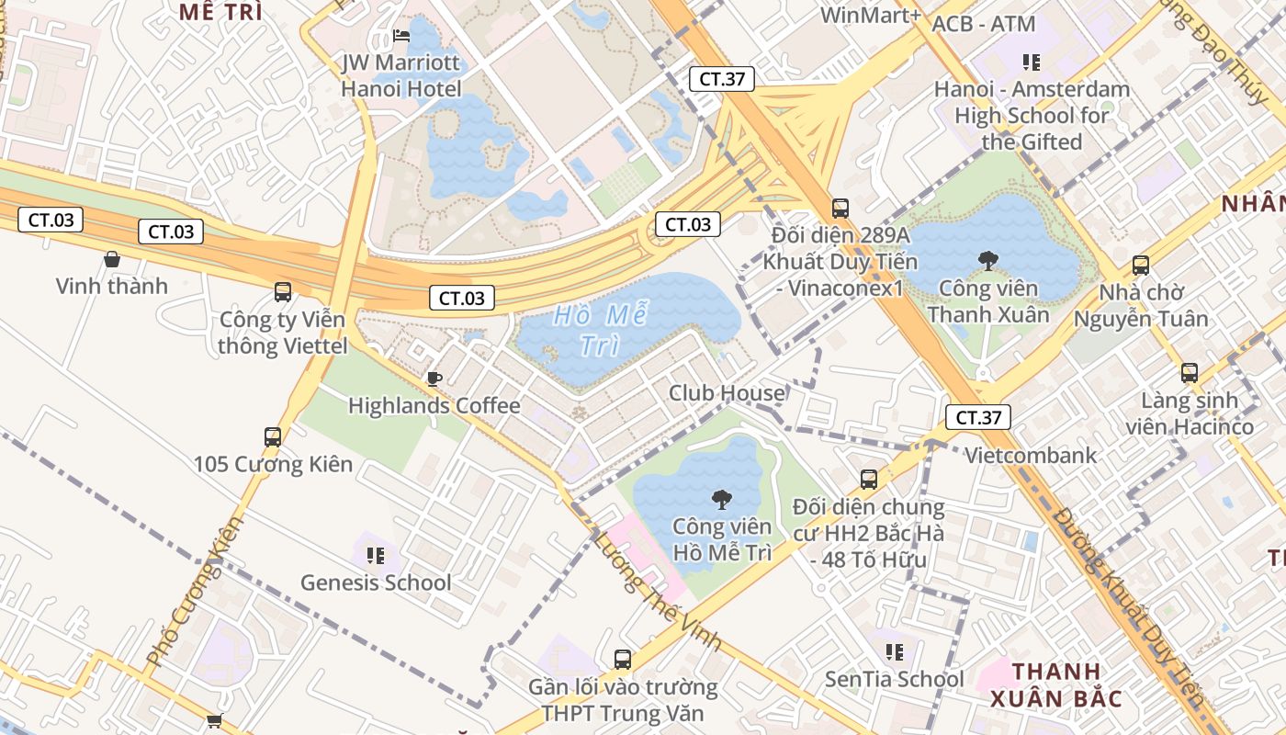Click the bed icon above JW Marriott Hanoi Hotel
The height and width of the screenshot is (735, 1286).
coord(401,36)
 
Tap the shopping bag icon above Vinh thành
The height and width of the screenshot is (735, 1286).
coord(112,260)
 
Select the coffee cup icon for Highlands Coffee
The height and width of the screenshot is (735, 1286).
coord(434,379)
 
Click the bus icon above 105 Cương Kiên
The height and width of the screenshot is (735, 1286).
coord(273,437)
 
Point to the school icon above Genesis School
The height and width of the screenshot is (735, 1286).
coord(376,555)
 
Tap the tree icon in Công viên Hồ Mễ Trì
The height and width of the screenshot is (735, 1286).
coord(722,500)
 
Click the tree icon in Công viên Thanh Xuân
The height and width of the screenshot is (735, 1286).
coord(988,261)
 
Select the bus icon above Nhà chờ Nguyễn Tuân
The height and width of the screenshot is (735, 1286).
coord(1141,266)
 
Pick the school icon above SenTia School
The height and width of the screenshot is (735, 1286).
coord(895,652)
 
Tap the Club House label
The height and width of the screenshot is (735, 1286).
coord(727,393)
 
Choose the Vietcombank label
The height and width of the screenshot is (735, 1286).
coord(1030,455)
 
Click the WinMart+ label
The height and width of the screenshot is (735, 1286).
coord(870,15)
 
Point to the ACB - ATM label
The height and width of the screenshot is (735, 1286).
coord(983,24)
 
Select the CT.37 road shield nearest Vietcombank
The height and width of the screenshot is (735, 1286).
coord(978,417)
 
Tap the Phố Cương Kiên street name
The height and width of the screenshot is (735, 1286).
coord(195,591)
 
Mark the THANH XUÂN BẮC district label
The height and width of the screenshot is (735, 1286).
coord(1056,684)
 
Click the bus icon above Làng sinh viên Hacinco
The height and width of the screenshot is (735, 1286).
coord(1190,373)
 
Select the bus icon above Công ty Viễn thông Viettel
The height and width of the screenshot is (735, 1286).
coord(283,292)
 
